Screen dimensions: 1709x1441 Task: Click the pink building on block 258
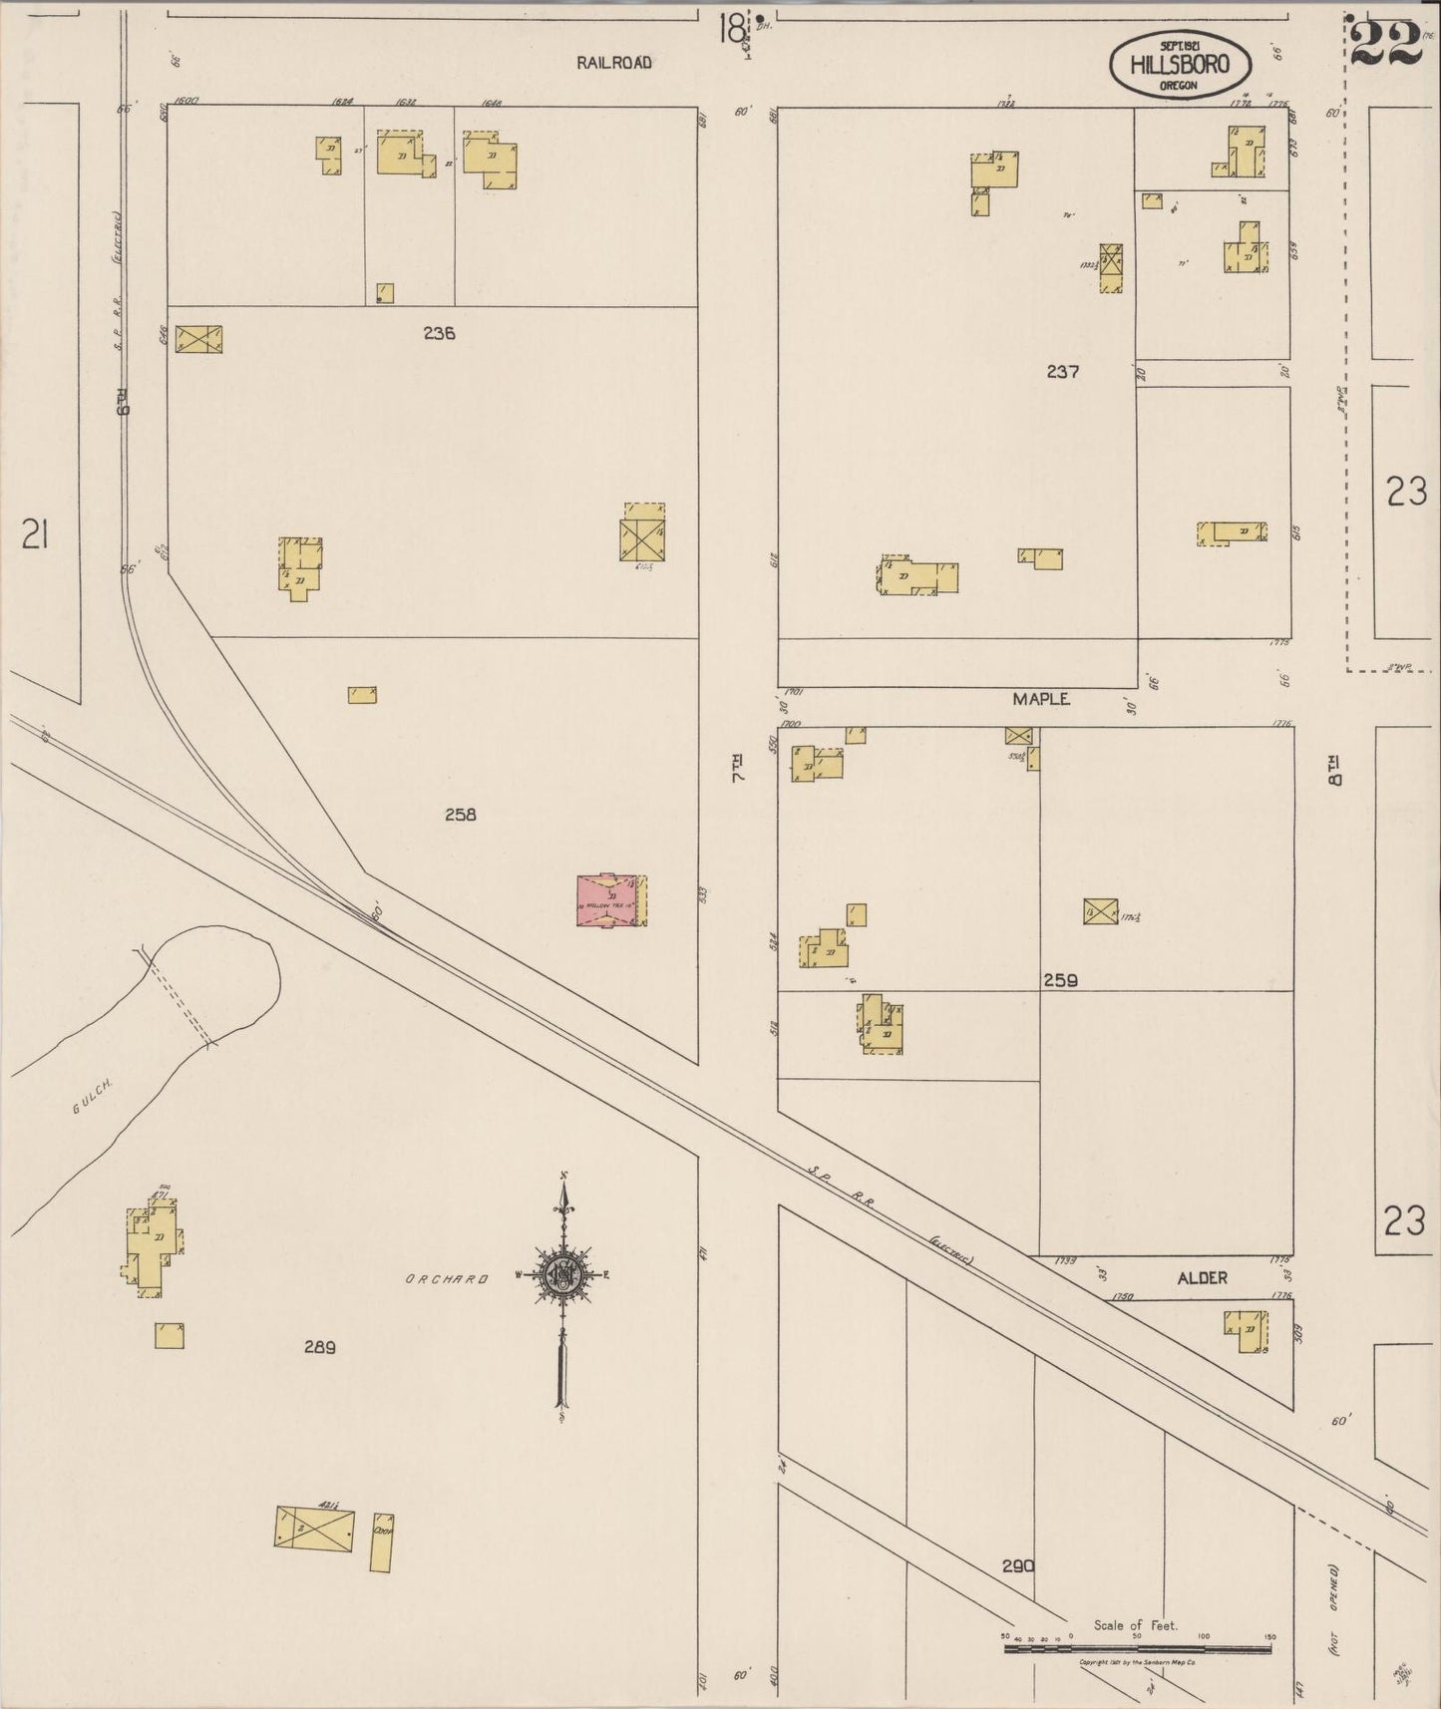(x=607, y=900)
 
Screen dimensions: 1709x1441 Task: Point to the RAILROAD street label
(x=614, y=63)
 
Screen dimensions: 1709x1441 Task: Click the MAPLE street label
(x=1041, y=699)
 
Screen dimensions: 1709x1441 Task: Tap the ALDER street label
(x=1202, y=1277)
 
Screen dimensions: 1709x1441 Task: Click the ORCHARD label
(x=446, y=1279)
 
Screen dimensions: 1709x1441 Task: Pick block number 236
(x=439, y=333)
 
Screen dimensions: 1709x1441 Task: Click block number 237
(x=1063, y=371)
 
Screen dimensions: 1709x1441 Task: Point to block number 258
(x=460, y=815)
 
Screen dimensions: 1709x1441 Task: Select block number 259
(x=1060, y=980)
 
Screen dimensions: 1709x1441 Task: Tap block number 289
(x=319, y=1347)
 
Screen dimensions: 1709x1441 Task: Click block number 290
(x=1018, y=1566)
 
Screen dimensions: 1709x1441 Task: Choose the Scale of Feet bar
(x=1137, y=1648)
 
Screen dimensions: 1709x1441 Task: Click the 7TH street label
(x=739, y=768)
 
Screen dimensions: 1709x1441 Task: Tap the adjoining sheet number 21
(x=35, y=536)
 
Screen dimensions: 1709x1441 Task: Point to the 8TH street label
(x=1334, y=771)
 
